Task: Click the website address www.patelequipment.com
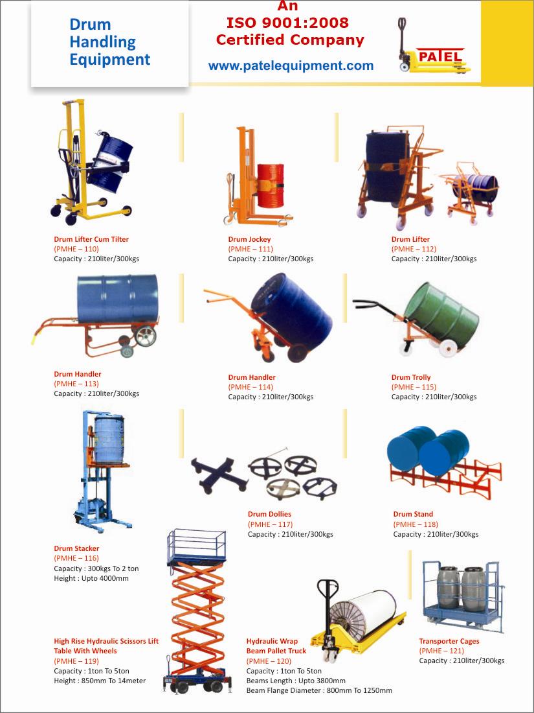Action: pos(291,65)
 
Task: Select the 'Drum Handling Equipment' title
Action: pos(109,42)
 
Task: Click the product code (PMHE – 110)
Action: pos(76,249)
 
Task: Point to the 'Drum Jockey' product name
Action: pos(249,239)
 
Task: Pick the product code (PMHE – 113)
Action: pos(76,384)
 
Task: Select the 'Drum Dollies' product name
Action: pos(269,515)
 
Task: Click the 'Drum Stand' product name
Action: pos(413,515)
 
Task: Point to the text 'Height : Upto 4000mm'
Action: pos(91,578)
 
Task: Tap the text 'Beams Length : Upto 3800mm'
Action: pos(296,681)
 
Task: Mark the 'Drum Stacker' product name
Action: pos(76,548)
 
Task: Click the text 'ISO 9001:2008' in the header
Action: pos(287,23)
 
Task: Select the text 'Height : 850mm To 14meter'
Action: pos(100,681)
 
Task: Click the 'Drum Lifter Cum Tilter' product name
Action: pos(91,239)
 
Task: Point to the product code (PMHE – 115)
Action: pos(414,387)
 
